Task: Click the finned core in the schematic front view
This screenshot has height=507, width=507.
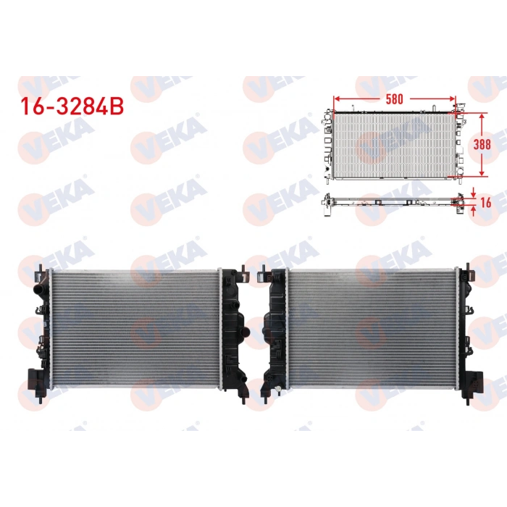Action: point(391,145)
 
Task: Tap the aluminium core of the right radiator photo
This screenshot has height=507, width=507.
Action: point(373,327)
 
